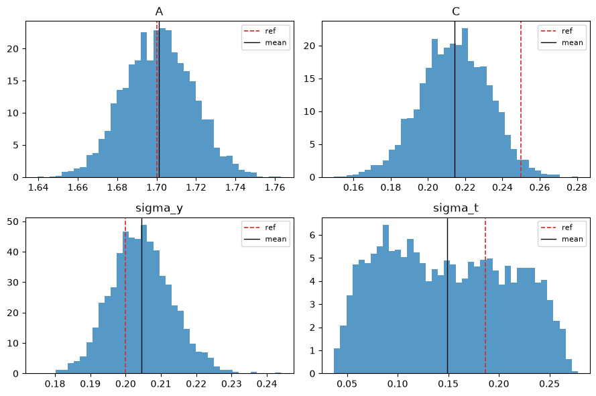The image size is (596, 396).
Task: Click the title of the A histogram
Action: tap(160, 12)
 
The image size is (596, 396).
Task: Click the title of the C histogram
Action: tap(456, 12)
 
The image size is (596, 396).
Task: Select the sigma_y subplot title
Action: tap(160, 208)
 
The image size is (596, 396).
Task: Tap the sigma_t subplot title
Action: tap(456, 208)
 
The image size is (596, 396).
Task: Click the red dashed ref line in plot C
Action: tap(521, 99)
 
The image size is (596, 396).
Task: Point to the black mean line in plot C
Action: tap(455, 99)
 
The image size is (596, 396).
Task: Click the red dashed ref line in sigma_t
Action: tap(485, 295)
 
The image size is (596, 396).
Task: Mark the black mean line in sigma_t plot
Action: tap(447, 295)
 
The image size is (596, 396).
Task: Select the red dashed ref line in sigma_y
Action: tap(125, 295)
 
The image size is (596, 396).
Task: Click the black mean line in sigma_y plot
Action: tap(141, 295)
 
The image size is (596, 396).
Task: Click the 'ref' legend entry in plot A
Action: tap(259, 31)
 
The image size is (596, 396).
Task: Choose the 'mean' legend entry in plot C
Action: tap(562, 42)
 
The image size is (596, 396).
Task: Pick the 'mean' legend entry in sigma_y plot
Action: tap(265, 239)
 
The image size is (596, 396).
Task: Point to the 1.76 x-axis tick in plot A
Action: tap(275, 187)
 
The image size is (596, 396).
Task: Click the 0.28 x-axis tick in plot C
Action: tap(577, 187)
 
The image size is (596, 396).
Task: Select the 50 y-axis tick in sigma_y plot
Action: tap(13, 221)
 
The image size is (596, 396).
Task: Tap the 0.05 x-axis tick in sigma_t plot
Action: tap(347, 384)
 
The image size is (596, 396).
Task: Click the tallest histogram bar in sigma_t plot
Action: tap(385, 299)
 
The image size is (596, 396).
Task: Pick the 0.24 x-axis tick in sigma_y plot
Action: tap(267, 384)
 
